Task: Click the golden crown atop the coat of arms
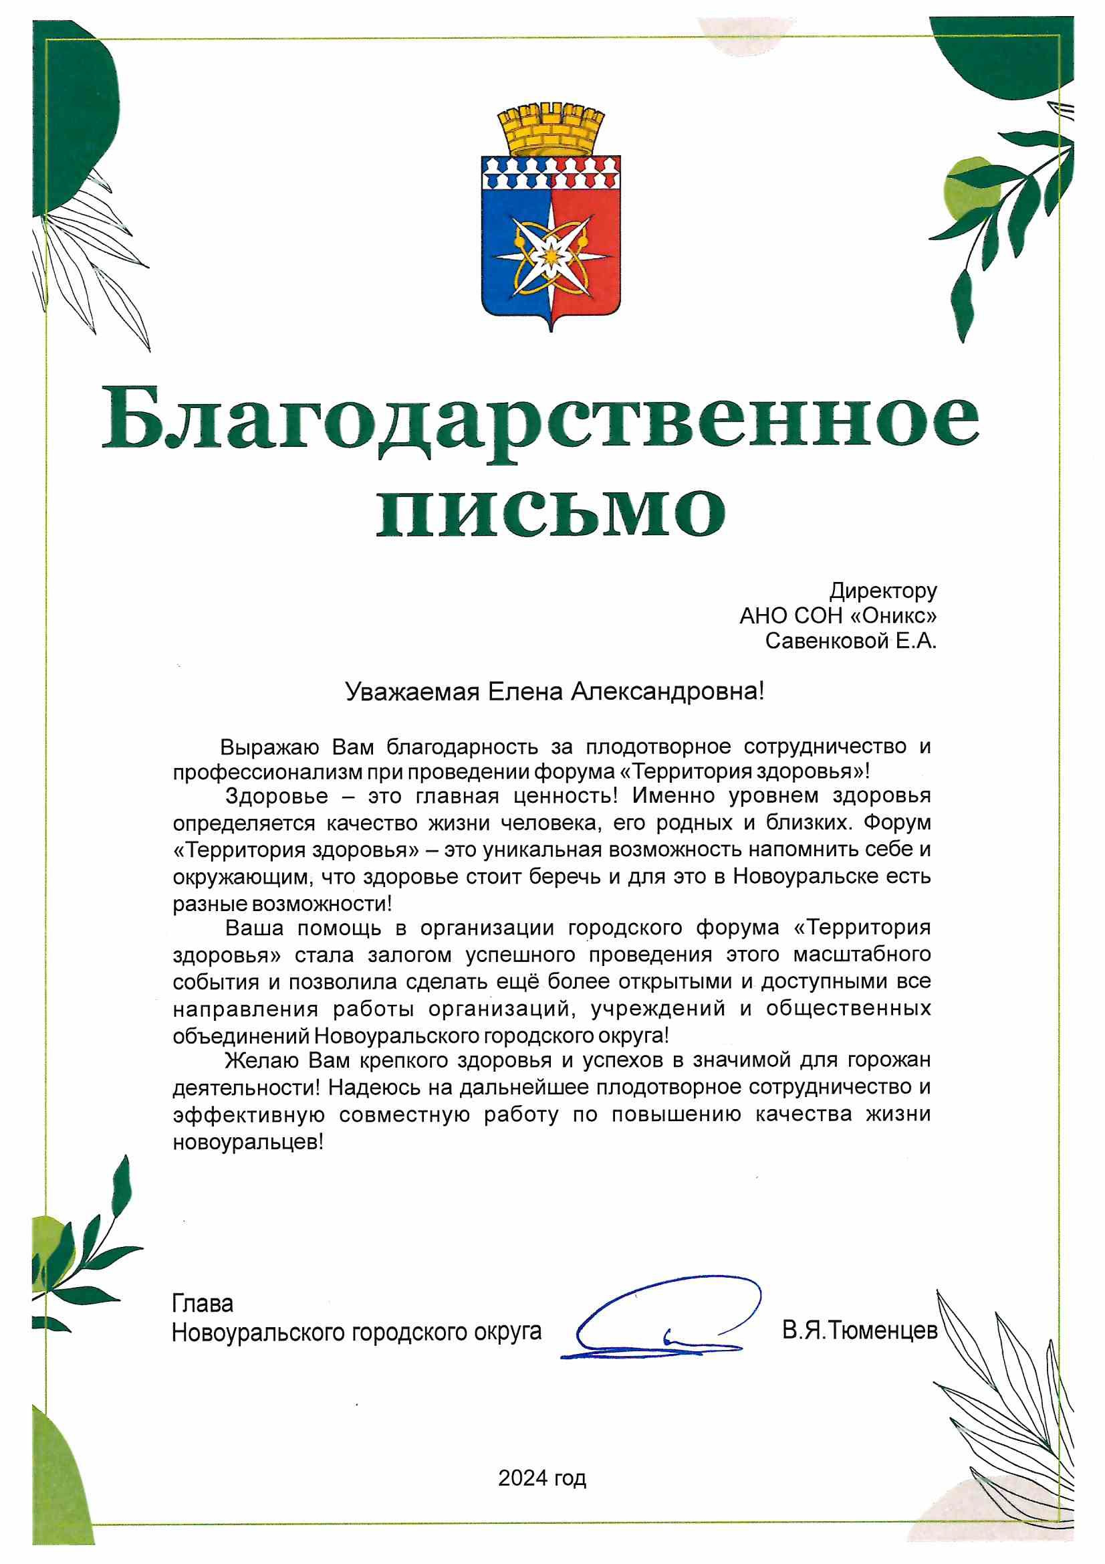[551, 130]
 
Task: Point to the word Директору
[882, 591]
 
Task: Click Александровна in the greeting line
[666, 692]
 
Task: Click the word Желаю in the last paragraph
[261, 1060]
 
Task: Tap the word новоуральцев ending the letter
[248, 1142]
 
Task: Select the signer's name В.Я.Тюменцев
[859, 1331]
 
